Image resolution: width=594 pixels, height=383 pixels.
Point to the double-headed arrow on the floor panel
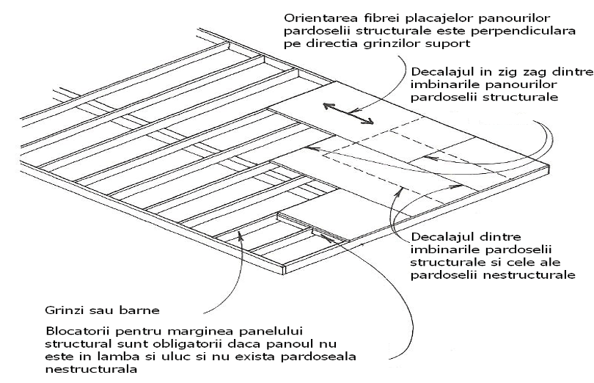348,113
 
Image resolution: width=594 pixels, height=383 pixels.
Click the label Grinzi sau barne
102,310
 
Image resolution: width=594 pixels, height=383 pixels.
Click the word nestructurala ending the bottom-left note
91,369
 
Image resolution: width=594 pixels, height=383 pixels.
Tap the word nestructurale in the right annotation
529,274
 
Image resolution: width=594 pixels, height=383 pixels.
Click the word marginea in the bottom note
197,332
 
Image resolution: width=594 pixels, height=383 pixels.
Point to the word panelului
268,332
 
